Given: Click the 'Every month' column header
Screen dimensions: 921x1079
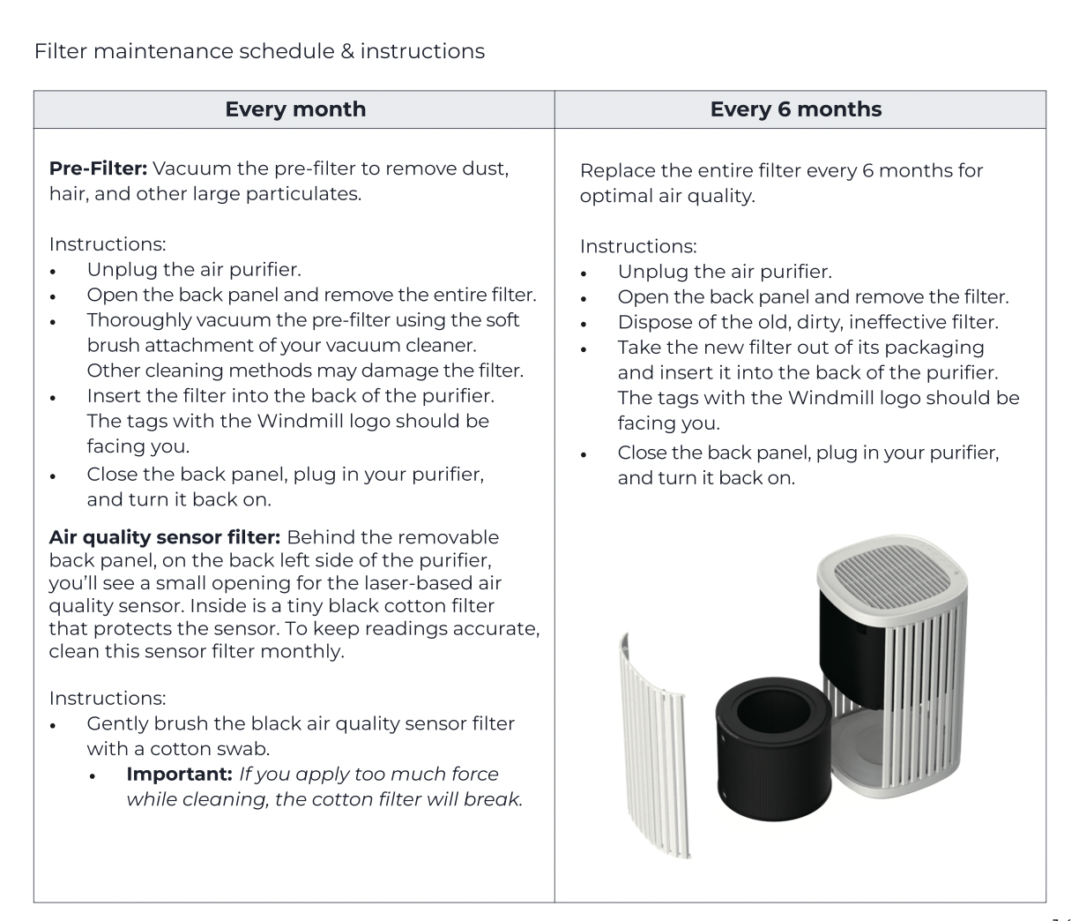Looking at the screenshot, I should coord(295,109).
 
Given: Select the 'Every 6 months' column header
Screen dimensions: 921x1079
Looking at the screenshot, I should coord(795,109).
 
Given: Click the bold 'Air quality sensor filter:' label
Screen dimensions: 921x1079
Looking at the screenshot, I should coord(165,537).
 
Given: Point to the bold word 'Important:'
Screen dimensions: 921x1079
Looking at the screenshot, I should coord(180,774).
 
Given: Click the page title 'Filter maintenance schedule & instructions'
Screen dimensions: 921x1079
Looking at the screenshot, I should coord(259,51).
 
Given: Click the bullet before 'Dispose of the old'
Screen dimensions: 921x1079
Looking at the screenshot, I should coord(584,324).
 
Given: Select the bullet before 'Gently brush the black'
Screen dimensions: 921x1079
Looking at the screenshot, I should coord(54,725).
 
